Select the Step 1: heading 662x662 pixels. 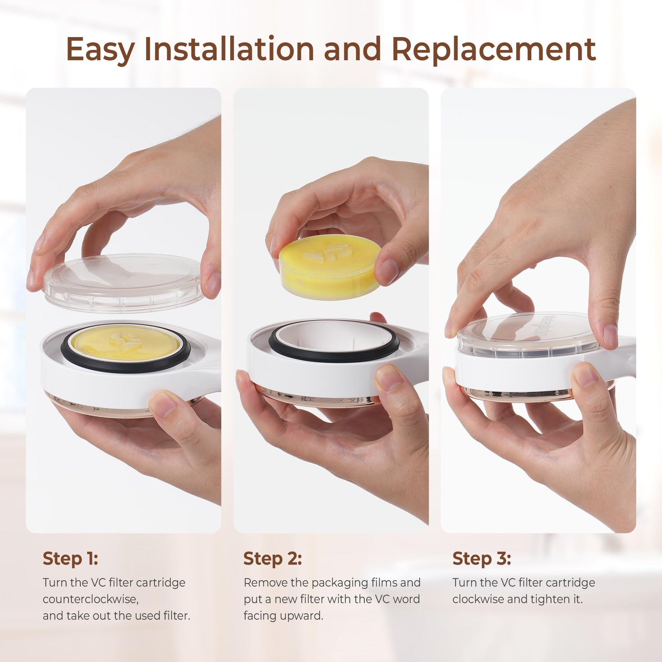70,559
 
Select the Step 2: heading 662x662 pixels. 273,559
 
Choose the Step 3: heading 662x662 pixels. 482,559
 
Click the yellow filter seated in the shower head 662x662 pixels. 126,343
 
